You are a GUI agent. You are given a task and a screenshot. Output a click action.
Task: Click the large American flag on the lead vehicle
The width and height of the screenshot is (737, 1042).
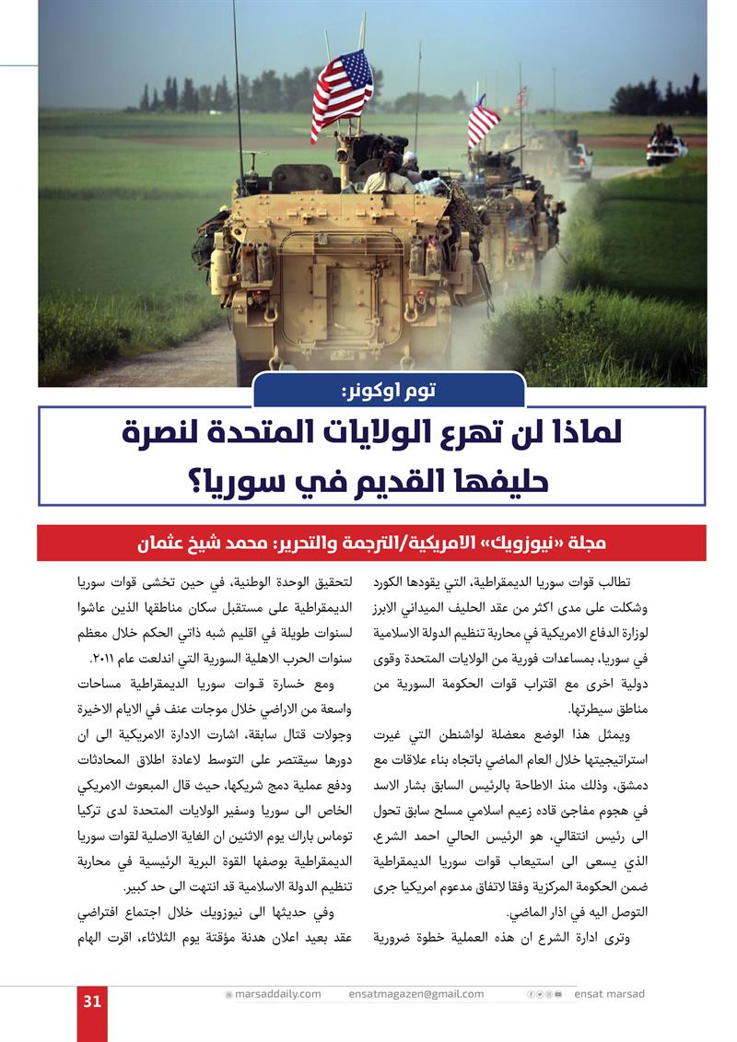pos(341,90)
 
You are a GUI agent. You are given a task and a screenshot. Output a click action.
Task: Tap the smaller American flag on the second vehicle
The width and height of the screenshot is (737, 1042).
pos(481,121)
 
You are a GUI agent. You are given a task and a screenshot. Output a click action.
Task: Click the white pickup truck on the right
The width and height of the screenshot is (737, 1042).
pos(666,148)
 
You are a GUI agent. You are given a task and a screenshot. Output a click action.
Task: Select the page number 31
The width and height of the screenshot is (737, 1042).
pos(91,1002)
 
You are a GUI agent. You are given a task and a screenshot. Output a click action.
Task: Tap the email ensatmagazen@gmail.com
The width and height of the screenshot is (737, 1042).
pos(416,994)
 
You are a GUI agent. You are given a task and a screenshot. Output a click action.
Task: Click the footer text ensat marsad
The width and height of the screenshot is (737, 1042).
pos(610,994)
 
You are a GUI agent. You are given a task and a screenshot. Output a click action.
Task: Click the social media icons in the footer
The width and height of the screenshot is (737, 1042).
pos(544,994)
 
